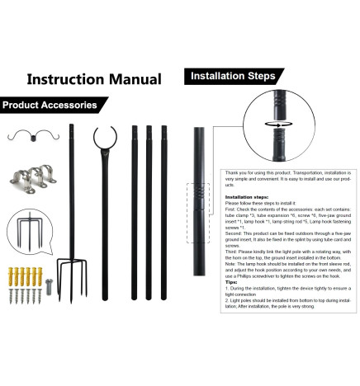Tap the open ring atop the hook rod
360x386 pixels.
click(x=104, y=136)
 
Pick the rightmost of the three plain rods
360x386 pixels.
click(x=163, y=206)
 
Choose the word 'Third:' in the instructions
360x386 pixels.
click(x=234, y=248)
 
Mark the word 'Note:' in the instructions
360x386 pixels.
click(x=233, y=263)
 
